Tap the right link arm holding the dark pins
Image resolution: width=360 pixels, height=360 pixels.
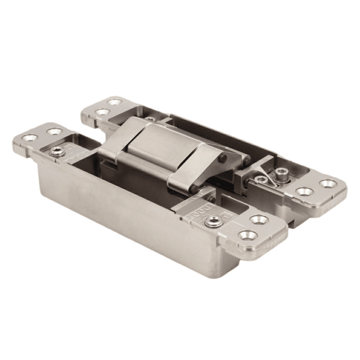[194, 169]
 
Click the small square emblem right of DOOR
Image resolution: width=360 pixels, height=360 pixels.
[227, 215]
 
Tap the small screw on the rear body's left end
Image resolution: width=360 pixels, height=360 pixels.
[149, 118]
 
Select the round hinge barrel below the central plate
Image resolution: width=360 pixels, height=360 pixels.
[144, 169]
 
